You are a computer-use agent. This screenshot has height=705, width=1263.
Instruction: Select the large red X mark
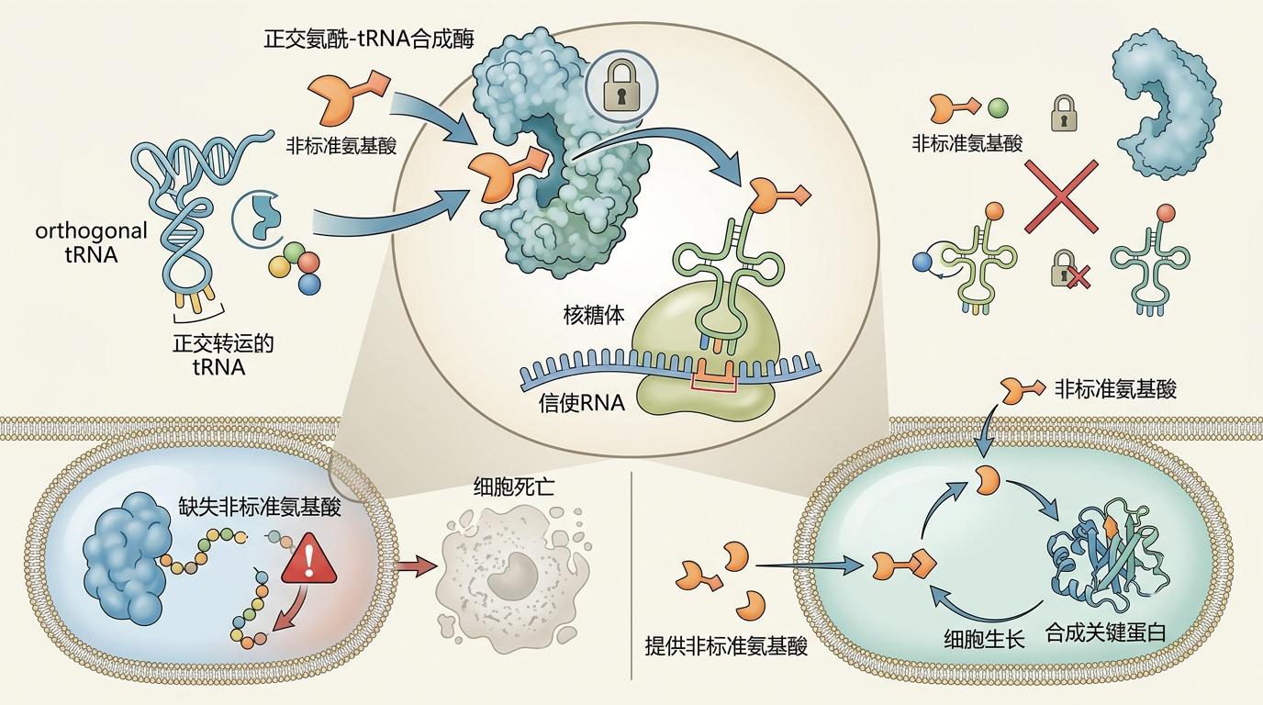1061,195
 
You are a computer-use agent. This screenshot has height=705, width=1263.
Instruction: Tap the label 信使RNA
582,402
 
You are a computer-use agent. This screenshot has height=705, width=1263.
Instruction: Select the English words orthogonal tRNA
91,243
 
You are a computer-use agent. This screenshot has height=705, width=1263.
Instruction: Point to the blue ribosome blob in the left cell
122,554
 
